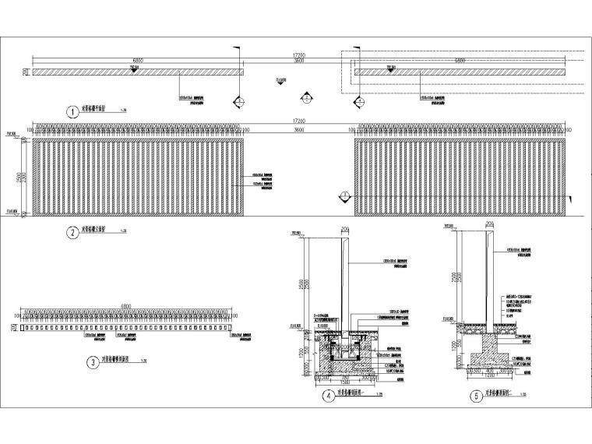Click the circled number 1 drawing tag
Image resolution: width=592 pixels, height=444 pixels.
pyautogui.click(x=72, y=112)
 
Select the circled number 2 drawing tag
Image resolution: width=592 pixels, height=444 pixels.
pyautogui.click(x=72, y=231)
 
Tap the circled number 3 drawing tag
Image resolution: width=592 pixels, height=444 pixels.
pyautogui.click(x=93, y=361)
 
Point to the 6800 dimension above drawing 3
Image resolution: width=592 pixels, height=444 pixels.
pyautogui.click(x=126, y=306)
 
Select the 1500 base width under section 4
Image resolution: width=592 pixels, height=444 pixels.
pyautogui.click(x=343, y=382)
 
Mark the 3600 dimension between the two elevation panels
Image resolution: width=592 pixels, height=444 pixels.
pyautogui.click(x=299, y=129)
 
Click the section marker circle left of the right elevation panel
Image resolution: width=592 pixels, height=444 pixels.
pyautogui.click(x=344, y=196)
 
